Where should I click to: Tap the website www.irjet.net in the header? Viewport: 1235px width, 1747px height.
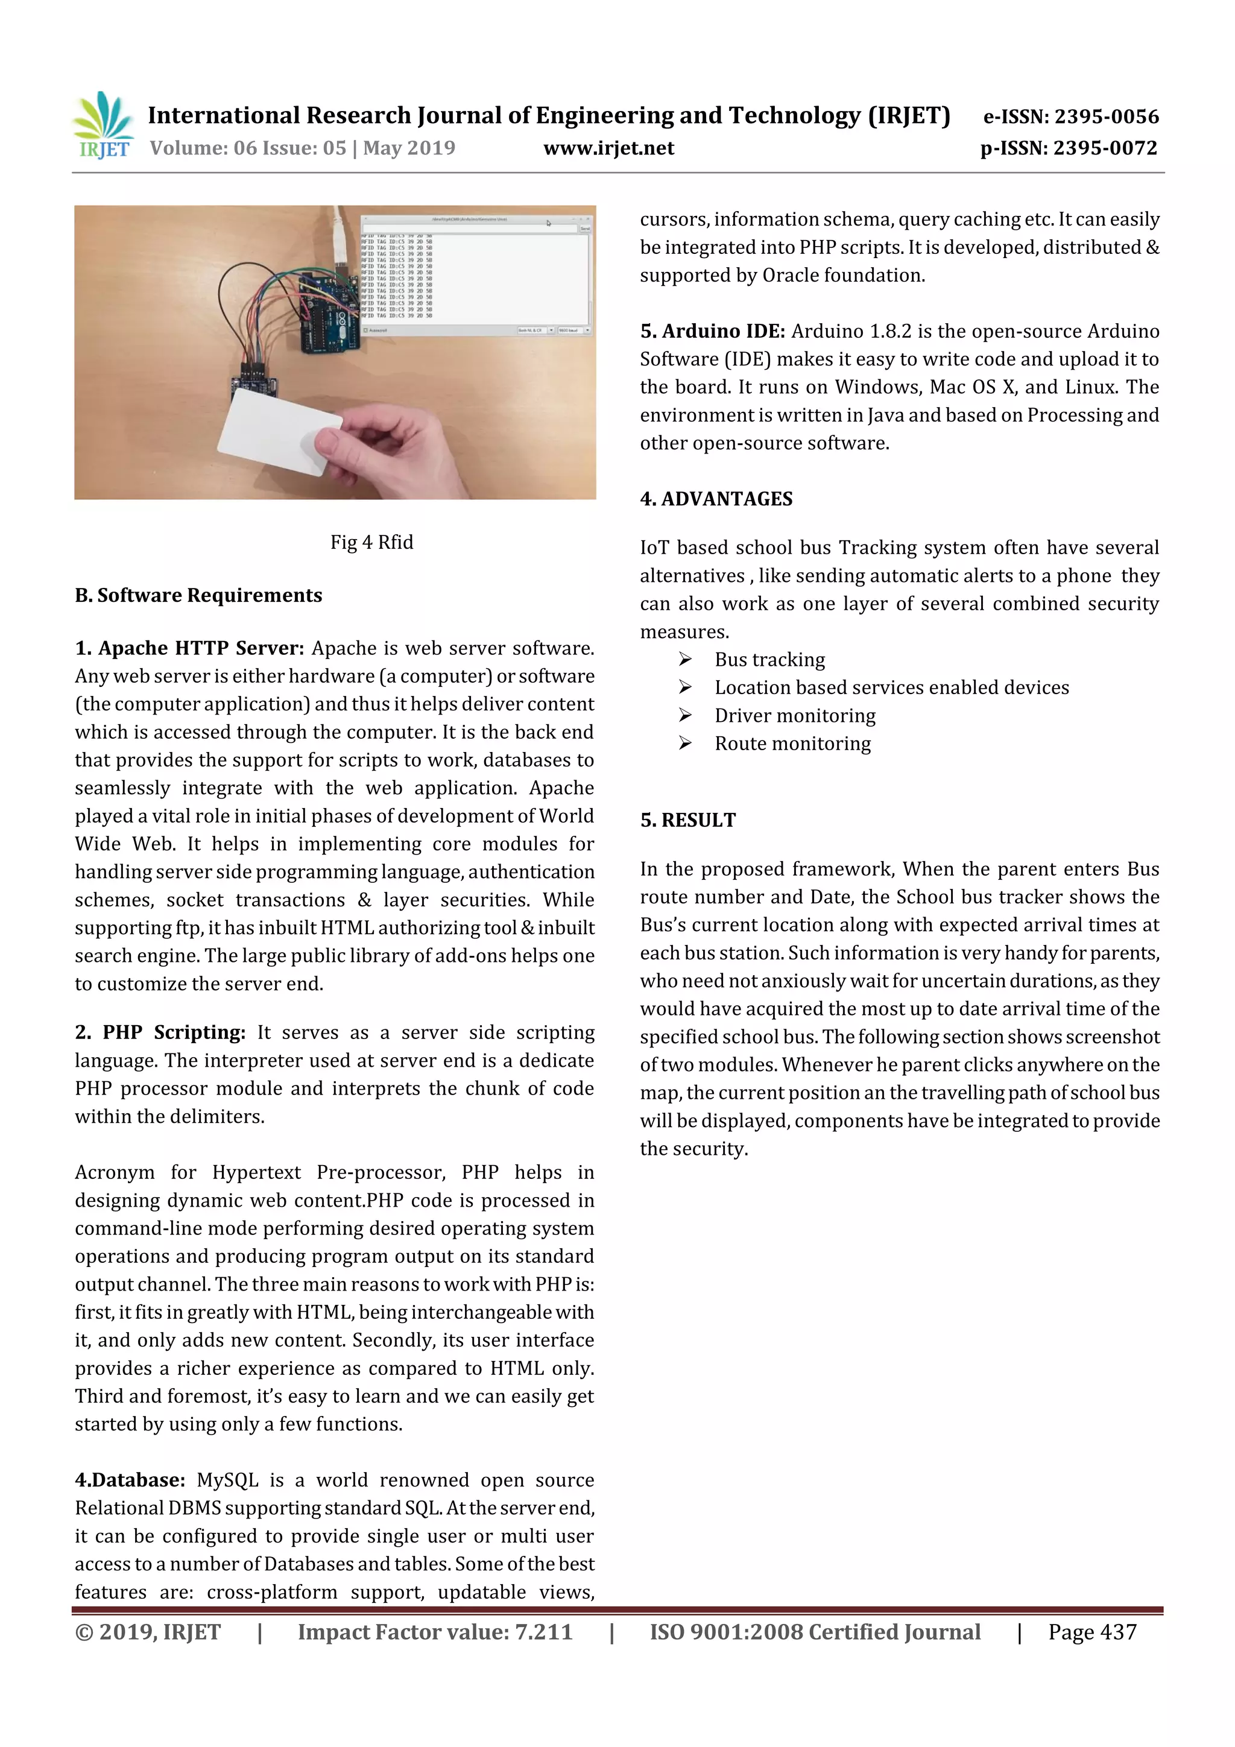tap(608, 148)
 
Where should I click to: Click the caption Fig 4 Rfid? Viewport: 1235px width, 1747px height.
tap(371, 542)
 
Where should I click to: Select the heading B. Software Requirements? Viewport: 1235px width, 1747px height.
tap(198, 595)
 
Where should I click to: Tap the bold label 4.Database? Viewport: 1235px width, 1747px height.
tap(130, 1480)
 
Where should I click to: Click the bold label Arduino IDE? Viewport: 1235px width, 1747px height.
tap(722, 331)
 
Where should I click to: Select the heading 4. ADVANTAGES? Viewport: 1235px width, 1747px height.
tap(716, 499)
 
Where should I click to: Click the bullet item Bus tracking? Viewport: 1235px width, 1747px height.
tap(769, 660)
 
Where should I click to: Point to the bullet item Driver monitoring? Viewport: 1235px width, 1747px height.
tap(794, 716)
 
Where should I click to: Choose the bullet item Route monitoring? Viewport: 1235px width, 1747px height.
tap(792, 744)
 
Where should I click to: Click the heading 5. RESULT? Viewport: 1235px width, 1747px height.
tap(688, 820)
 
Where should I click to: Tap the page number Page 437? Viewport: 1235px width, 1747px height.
tap(1092, 1632)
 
